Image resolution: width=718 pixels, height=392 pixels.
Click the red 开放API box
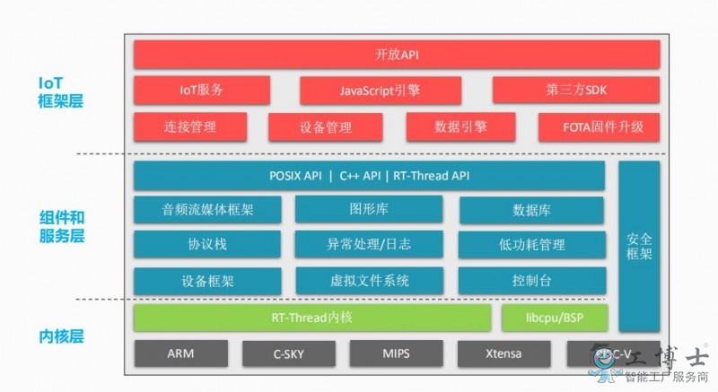396,55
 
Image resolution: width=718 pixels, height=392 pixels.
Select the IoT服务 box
201,91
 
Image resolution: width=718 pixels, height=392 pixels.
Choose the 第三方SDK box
575,91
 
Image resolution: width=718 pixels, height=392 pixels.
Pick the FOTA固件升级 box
598,126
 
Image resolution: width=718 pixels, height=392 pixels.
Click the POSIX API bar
369,176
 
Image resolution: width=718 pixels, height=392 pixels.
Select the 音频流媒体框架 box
207,210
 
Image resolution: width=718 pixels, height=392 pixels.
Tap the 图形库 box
369,209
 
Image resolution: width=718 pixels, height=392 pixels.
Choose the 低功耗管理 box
532,244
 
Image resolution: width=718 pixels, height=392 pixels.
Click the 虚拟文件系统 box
369,280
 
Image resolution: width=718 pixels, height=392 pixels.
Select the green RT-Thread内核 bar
311,318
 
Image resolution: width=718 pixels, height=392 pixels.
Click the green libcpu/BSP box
554,318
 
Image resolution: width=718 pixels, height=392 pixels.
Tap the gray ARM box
180,353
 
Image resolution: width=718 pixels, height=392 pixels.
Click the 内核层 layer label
61,337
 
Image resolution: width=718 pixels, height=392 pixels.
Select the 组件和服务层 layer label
61,227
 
